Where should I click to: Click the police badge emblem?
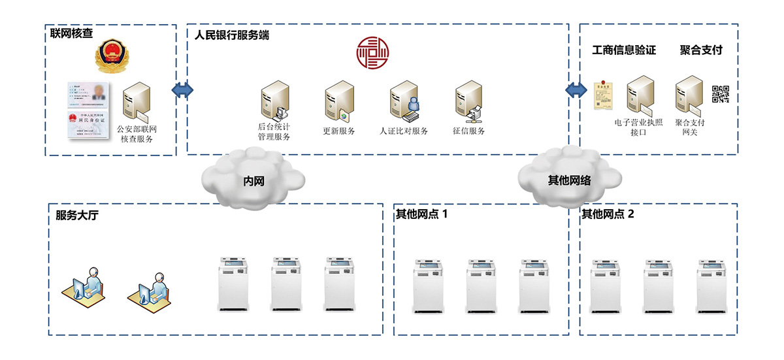tap(110, 58)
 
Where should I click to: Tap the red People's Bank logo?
tap(372, 53)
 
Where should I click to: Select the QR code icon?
tap(721, 94)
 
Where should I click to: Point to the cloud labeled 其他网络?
tap(568, 178)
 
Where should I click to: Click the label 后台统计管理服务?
tap(274, 131)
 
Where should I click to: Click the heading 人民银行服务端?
tap(232, 35)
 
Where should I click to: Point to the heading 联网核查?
tap(71, 32)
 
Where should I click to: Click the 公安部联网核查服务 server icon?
tap(137, 102)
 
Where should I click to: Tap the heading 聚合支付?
tap(701, 50)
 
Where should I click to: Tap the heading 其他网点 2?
tap(608, 214)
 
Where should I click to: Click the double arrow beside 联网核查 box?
tap(182, 89)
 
